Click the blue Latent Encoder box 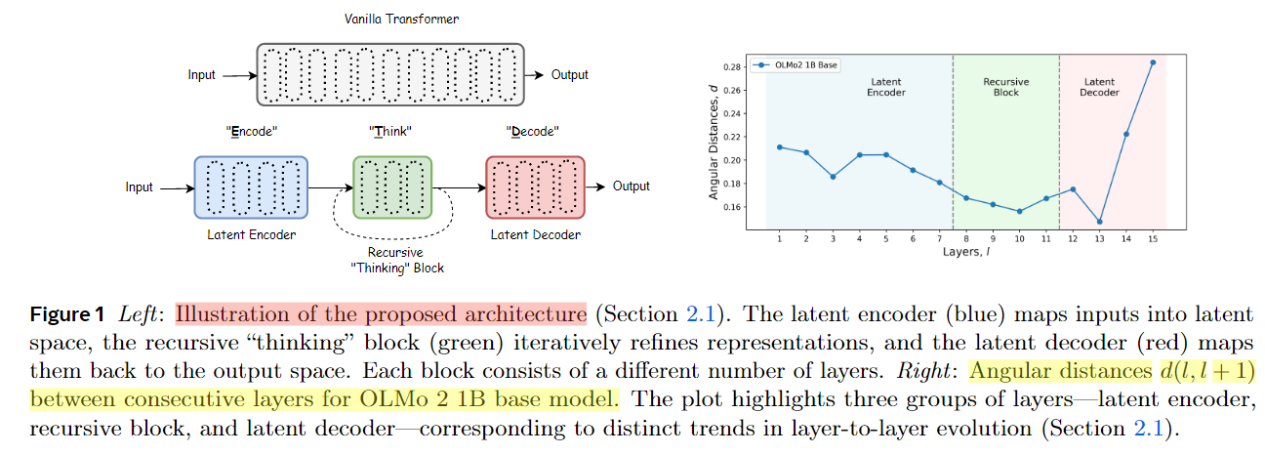pyautogui.click(x=251, y=186)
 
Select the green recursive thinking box pyautogui.click(x=391, y=186)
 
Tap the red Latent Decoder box pyautogui.click(x=534, y=186)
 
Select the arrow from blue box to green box pyautogui.click(x=330, y=186)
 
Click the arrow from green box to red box pyautogui.click(x=459, y=186)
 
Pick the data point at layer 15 pyautogui.click(x=1153, y=62)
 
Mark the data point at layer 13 pyautogui.click(x=1100, y=222)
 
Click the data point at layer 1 pyautogui.click(x=780, y=147)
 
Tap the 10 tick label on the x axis pyautogui.click(x=1019, y=237)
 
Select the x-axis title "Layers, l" pyautogui.click(x=966, y=252)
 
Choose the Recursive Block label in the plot pyautogui.click(x=1005, y=87)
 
